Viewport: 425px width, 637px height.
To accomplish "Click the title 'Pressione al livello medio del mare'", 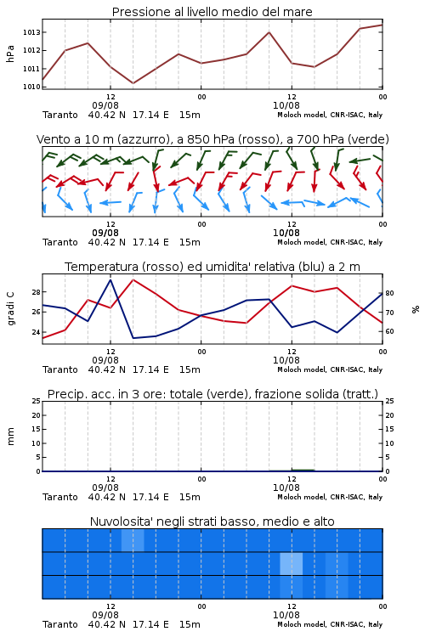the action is pyautogui.click(x=212, y=12).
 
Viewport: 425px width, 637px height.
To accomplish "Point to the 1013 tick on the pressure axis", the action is pyautogui.click(x=31, y=32).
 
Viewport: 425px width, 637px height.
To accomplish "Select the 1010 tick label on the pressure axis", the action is pyautogui.click(x=31, y=87).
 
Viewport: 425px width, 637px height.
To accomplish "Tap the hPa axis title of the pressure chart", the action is pyautogui.click(x=10, y=54).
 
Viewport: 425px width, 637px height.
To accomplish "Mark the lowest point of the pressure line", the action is pyautogui.click(x=133, y=83).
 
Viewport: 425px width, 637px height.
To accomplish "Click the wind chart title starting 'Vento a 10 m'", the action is pyautogui.click(x=212, y=139).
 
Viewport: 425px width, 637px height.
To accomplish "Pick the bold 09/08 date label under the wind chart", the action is pyautogui.click(x=105, y=233).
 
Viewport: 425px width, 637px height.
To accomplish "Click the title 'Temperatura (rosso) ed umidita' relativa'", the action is pyautogui.click(x=212, y=267).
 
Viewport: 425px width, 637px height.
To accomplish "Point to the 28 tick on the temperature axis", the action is pyautogui.click(x=36, y=292).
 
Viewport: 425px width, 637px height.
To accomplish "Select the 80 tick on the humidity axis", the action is pyautogui.click(x=389, y=293).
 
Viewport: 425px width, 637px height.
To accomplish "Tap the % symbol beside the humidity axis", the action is pyautogui.click(x=416, y=309).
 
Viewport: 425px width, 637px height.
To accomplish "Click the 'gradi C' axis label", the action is pyautogui.click(x=10, y=308).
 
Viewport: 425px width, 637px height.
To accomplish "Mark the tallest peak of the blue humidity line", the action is pyautogui.click(x=110, y=279).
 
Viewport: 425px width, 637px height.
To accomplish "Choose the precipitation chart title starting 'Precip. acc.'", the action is pyautogui.click(x=212, y=394).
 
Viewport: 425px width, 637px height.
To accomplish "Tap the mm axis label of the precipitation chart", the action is pyautogui.click(x=10, y=437).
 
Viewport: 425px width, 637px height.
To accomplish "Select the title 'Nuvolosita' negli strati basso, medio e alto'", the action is pyautogui.click(x=212, y=521).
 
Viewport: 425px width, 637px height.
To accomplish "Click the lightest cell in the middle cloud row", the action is pyautogui.click(x=292, y=563).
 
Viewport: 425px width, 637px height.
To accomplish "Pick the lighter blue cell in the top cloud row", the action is pyautogui.click(x=133, y=540).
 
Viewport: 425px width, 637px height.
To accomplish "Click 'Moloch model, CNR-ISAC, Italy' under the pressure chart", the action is pyautogui.click(x=330, y=115).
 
